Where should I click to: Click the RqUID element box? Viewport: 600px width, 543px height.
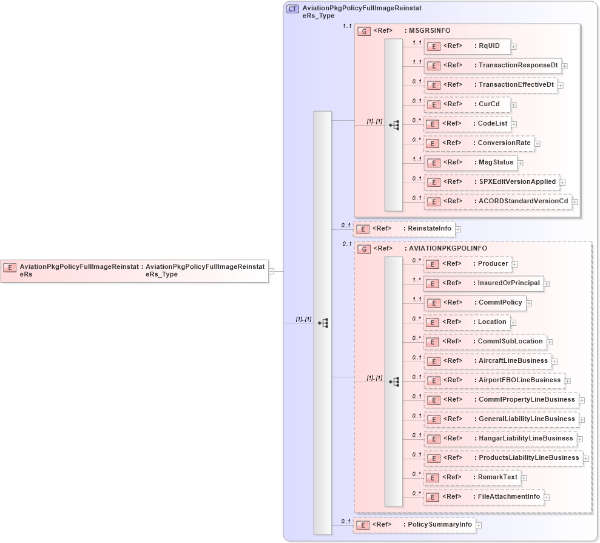click(x=467, y=46)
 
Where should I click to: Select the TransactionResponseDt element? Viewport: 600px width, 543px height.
click(x=492, y=65)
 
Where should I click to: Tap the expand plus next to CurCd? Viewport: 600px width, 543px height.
click(x=513, y=104)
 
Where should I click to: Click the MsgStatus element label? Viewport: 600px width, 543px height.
click(x=496, y=162)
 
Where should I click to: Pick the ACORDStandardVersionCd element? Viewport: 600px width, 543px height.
click(x=497, y=201)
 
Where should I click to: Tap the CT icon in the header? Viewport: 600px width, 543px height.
click(x=292, y=8)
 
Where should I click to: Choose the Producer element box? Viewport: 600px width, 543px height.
click(x=467, y=263)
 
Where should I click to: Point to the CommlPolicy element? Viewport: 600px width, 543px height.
click(x=474, y=302)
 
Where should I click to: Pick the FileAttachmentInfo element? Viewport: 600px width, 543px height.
click(x=483, y=497)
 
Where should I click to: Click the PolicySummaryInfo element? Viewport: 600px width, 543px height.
click(x=414, y=524)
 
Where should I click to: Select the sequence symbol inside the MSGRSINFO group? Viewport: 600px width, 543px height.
click(x=394, y=124)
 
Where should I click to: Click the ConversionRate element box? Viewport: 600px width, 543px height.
click(x=479, y=143)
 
